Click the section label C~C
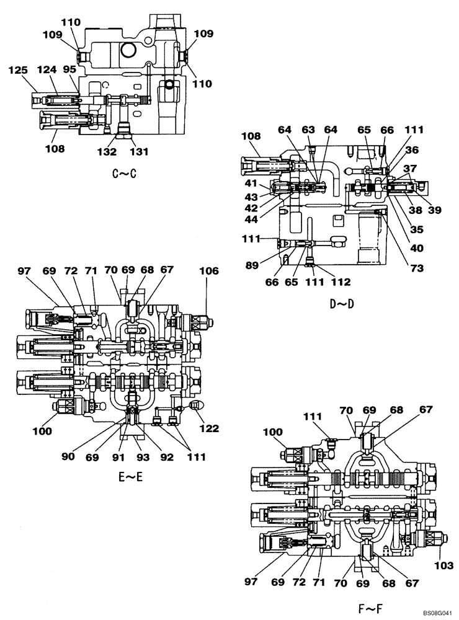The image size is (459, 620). [x=124, y=174]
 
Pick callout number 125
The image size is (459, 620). [x=19, y=71]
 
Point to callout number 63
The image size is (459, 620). [x=308, y=130]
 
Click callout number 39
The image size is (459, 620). [x=434, y=210]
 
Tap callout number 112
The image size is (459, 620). [x=342, y=282]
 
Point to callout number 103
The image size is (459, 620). [x=445, y=565]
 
